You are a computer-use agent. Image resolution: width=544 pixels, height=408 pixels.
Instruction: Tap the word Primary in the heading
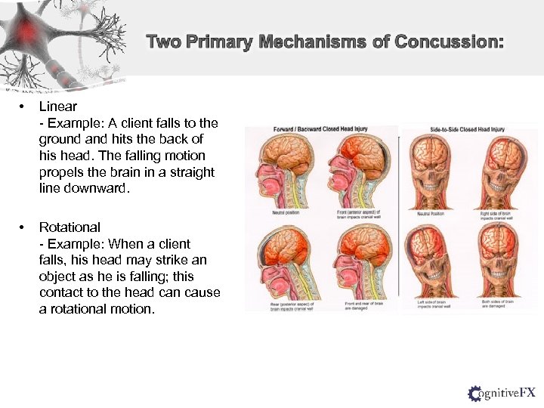point(218,42)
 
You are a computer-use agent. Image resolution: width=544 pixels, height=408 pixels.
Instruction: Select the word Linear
point(58,107)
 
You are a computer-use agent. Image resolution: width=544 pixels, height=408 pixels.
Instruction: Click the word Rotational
point(70,227)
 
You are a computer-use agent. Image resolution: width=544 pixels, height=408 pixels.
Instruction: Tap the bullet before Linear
point(24,107)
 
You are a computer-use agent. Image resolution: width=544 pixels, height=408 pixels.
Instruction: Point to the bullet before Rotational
point(24,227)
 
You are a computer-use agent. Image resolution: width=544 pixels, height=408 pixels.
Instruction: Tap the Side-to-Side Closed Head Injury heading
point(467,129)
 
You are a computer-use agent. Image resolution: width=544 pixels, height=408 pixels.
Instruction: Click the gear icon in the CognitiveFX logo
point(475,393)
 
